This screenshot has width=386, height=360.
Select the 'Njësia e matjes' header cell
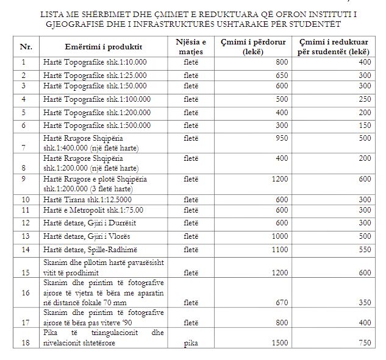tap(187, 46)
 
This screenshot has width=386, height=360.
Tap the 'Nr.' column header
tap(26, 47)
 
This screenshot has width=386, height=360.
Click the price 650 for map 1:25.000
tap(281, 75)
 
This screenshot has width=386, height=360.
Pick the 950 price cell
tap(281, 138)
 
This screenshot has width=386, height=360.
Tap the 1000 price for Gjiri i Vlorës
tap(279, 236)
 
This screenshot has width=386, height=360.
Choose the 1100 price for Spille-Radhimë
tap(279, 249)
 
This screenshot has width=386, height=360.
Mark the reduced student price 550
tap(364, 249)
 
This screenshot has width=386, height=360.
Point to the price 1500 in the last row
tap(279, 343)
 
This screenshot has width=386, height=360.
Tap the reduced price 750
tap(364, 343)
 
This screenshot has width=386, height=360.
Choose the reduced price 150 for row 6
tap(364, 125)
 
